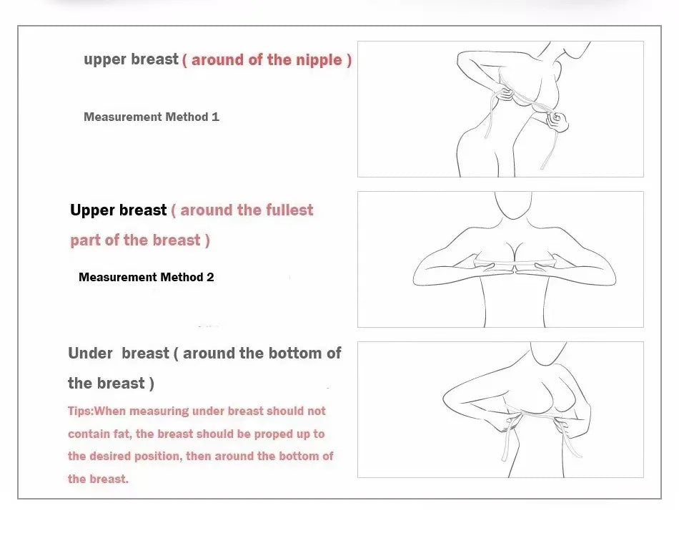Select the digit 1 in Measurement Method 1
215,117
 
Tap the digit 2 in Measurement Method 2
210,277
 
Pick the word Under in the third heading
91,353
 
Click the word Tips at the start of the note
79,411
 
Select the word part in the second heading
85,240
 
